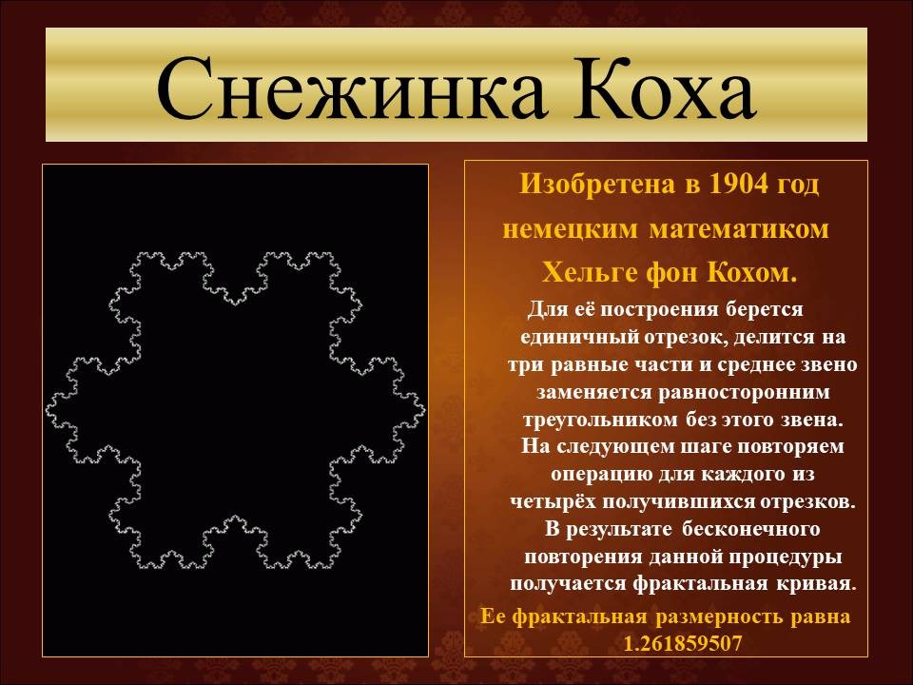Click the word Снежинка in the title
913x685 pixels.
(x=351, y=88)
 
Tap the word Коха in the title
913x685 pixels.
(x=665, y=88)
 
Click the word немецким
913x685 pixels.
(x=570, y=229)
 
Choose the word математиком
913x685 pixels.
(x=739, y=229)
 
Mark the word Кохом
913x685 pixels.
(x=752, y=273)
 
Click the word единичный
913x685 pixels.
(x=579, y=338)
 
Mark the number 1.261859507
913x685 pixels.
(x=683, y=644)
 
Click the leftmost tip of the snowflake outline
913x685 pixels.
(x=46, y=412)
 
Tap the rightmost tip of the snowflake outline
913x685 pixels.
(x=425, y=411)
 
